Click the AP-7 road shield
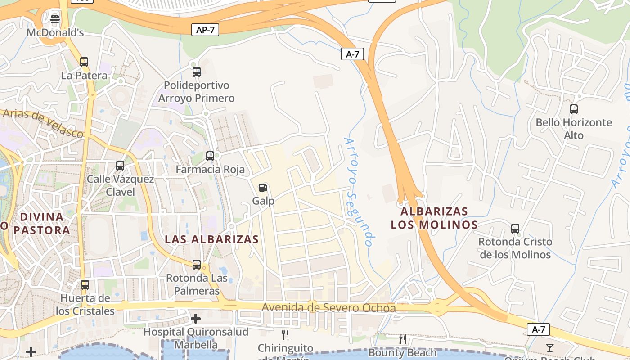pos(205,30)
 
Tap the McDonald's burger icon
pos(55,19)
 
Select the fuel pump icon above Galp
pos(263,188)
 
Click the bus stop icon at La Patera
pos(84,62)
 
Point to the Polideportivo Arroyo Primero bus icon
pos(197,72)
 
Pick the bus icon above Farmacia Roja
pos(210,156)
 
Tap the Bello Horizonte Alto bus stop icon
pos(574,109)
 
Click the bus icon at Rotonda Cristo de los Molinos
pos(515,229)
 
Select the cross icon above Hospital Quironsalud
pos(196,319)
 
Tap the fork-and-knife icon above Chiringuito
pos(285,334)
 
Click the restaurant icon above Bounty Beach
pos(403,339)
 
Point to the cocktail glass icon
pos(550,347)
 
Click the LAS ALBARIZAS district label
pos(211,239)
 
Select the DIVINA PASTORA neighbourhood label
pos(41,224)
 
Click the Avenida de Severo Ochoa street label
pos(328,308)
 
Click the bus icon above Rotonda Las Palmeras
pos(197,265)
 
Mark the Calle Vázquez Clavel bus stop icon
pos(120,166)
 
